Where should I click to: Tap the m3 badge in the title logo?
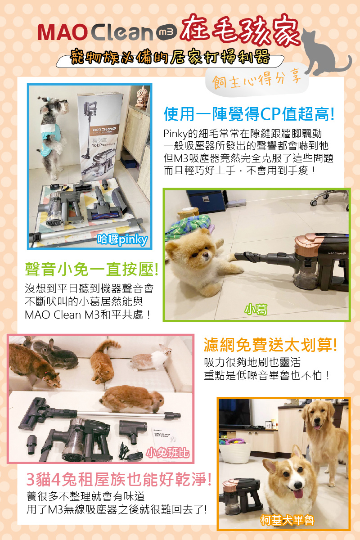coord(165,32)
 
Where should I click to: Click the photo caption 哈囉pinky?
coord(122,239)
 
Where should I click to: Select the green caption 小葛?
coord(256,310)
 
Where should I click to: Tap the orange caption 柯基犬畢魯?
coord(287,521)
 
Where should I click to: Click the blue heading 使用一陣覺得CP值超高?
coord(249,114)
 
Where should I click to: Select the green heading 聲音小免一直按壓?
coord(92,270)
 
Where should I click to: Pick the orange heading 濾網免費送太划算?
coord(270,345)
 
